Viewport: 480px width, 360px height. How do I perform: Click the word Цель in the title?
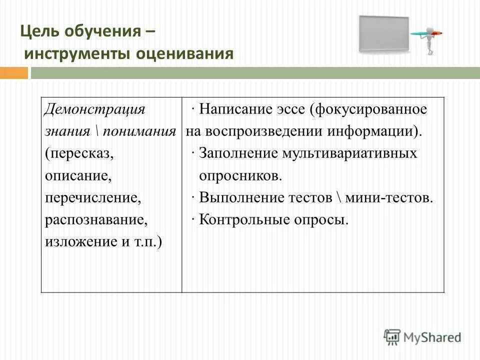coord(39,32)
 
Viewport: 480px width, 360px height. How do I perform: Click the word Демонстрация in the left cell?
coord(94,109)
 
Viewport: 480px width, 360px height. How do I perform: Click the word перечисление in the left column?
coord(92,197)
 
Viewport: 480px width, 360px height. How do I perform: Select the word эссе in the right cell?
coord(284,109)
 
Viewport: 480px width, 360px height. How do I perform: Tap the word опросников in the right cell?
coord(240,175)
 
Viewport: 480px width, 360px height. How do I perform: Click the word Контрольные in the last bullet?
coord(238,219)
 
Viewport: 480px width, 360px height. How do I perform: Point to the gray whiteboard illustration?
coord(383,34)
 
